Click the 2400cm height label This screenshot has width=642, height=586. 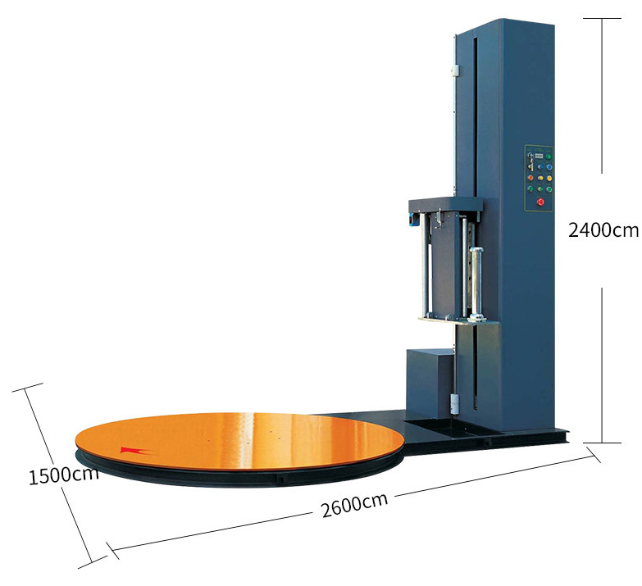click(x=603, y=230)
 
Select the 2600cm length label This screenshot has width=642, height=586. click(x=354, y=505)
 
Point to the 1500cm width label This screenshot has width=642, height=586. click(x=64, y=475)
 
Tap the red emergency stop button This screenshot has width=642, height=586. click(x=540, y=202)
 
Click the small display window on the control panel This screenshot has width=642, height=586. click(x=539, y=156)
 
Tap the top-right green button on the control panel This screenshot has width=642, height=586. click(x=549, y=157)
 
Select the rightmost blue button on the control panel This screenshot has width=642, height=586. click(x=549, y=167)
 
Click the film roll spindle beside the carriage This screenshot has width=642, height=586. click(x=476, y=284)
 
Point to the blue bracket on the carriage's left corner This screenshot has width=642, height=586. click(x=410, y=219)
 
